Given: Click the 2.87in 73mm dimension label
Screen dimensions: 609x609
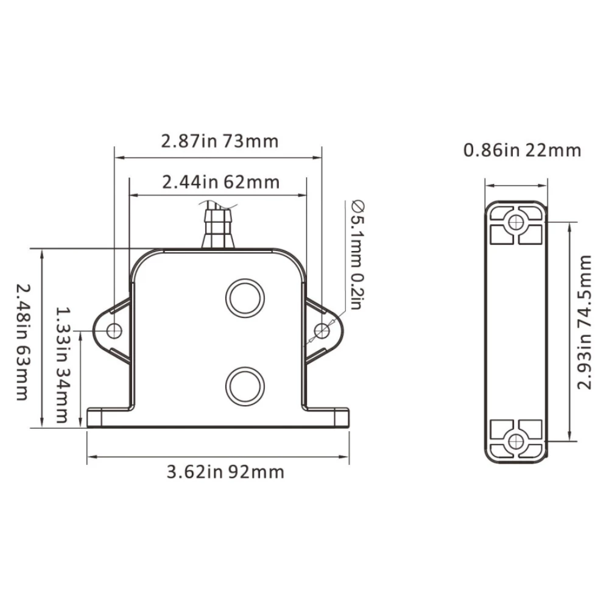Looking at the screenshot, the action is point(220,141).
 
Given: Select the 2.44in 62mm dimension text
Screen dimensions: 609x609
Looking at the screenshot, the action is point(220,182).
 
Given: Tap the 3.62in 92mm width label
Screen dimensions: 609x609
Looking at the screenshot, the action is point(225,473).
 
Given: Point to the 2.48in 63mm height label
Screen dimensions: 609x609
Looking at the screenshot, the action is point(23,342).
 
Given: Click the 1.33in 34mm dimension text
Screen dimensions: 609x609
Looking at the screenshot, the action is point(63,365).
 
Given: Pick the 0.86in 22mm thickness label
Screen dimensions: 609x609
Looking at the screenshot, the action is point(523,150).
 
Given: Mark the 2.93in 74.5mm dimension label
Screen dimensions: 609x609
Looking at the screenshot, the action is point(584,322).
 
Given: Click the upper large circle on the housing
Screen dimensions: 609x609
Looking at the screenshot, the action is point(245,298).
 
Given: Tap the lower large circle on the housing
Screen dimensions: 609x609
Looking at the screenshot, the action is point(245,387).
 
